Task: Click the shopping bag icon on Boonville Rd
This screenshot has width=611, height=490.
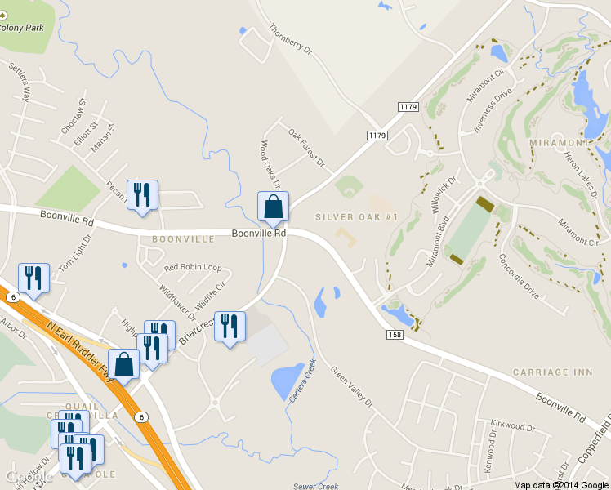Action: [x=273, y=208]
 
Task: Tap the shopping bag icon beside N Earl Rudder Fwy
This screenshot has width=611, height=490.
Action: [x=123, y=365]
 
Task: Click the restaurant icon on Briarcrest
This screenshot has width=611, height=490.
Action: [x=230, y=327]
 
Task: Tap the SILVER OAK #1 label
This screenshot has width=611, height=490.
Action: [x=356, y=217]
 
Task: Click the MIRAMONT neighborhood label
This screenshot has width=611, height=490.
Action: [x=560, y=143]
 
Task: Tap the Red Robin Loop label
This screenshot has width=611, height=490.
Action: [x=193, y=268]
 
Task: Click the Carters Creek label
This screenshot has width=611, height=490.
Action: [x=301, y=381]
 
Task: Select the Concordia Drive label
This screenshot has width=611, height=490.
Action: [x=520, y=278]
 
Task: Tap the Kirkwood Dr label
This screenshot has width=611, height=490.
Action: [x=512, y=426]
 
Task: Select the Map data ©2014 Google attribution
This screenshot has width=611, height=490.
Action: [x=560, y=484]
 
